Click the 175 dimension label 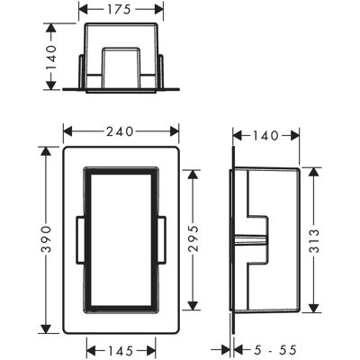coord(119,9)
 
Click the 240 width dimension coord(120,131)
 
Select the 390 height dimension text coord(46,239)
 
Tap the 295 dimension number coord(193,238)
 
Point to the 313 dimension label coord(314,241)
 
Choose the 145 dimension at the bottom coord(121,351)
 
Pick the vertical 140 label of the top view coord(51,58)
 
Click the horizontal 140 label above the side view coord(265,136)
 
